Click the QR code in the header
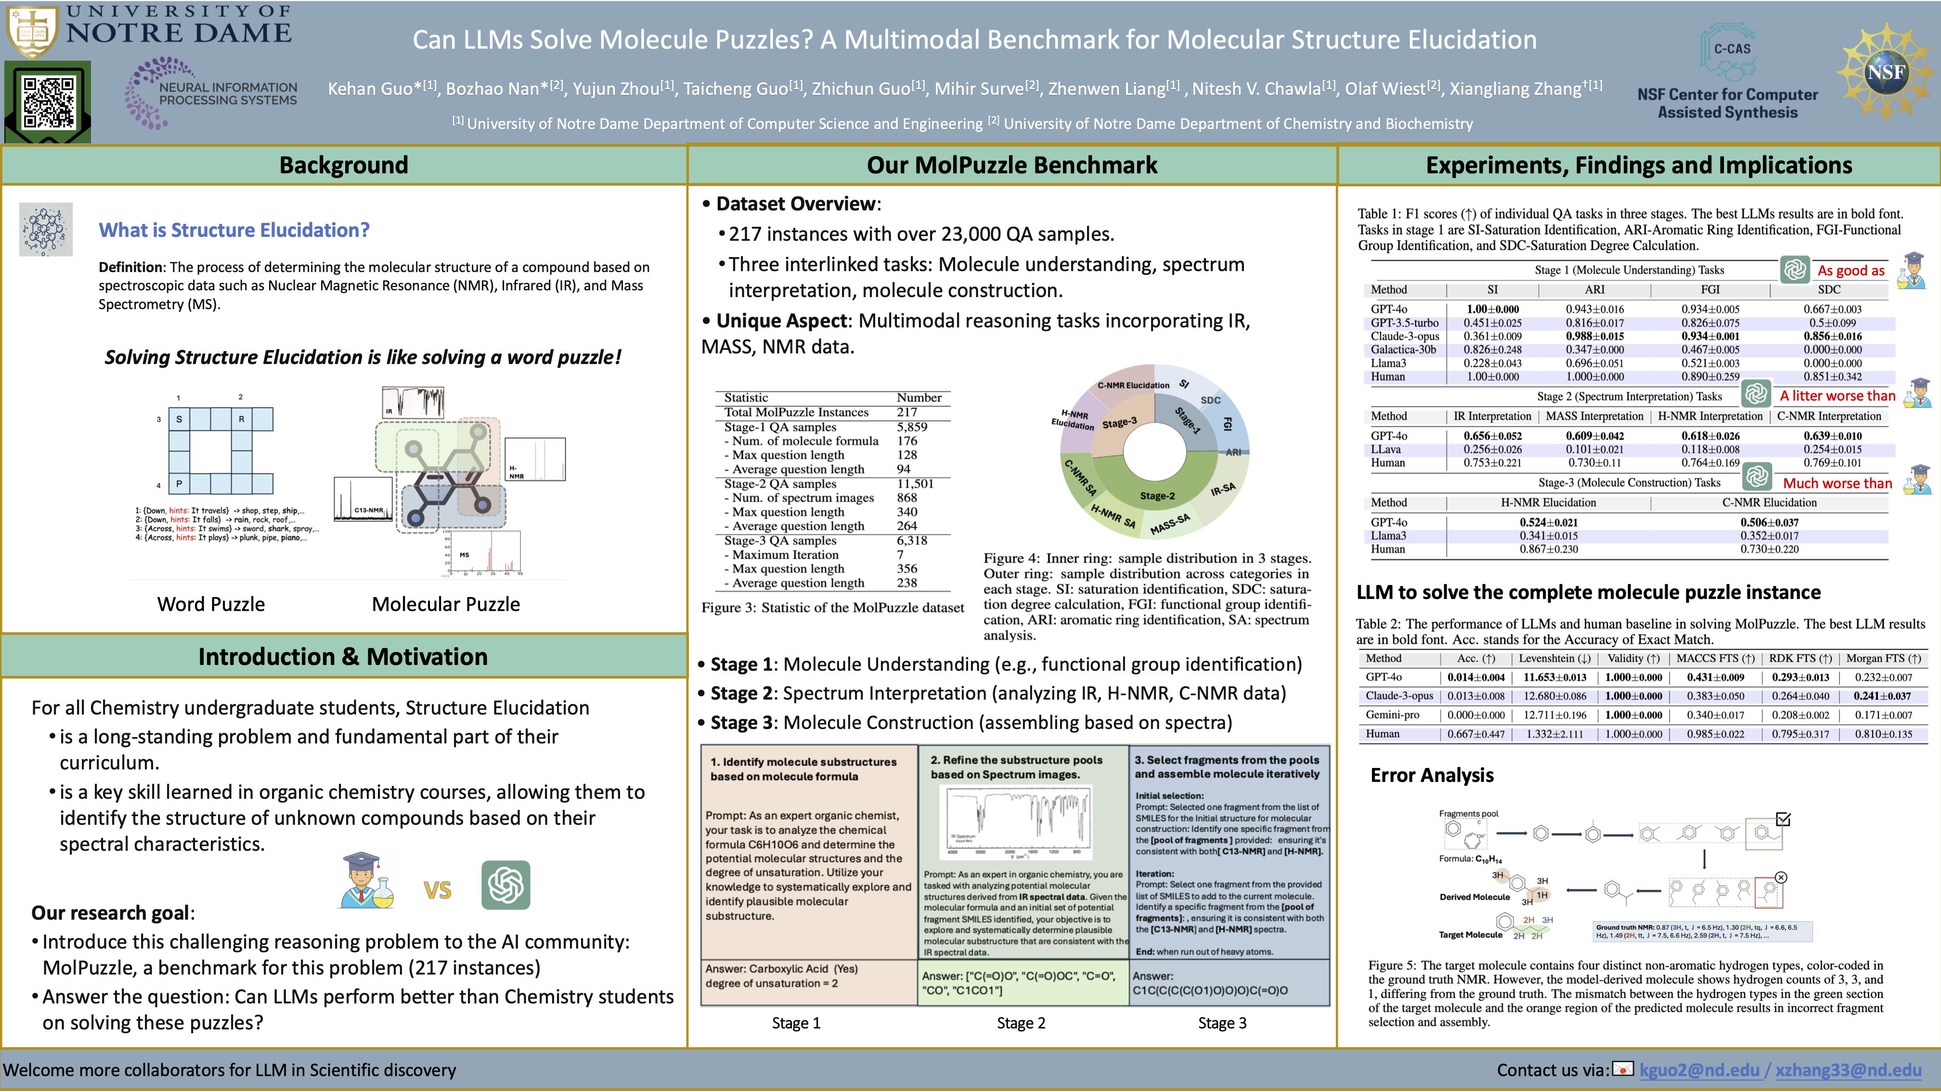pyautogui.click(x=48, y=102)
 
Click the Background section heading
pyautogui.click(x=344, y=165)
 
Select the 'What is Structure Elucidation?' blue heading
pyautogui.click(x=233, y=230)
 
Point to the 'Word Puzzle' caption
pyautogui.click(x=211, y=604)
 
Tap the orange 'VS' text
pyautogui.click(x=437, y=890)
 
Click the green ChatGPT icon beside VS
pyautogui.click(x=505, y=885)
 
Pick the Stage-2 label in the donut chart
pyautogui.click(x=1157, y=496)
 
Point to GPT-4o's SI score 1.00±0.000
pyautogui.click(x=1493, y=309)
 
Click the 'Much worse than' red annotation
pyautogui.click(x=1837, y=483)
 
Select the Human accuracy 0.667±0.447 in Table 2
pyautogui.click(x=1475, y=734)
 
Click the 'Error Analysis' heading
pyautogui.click(x=1432, y=776)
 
